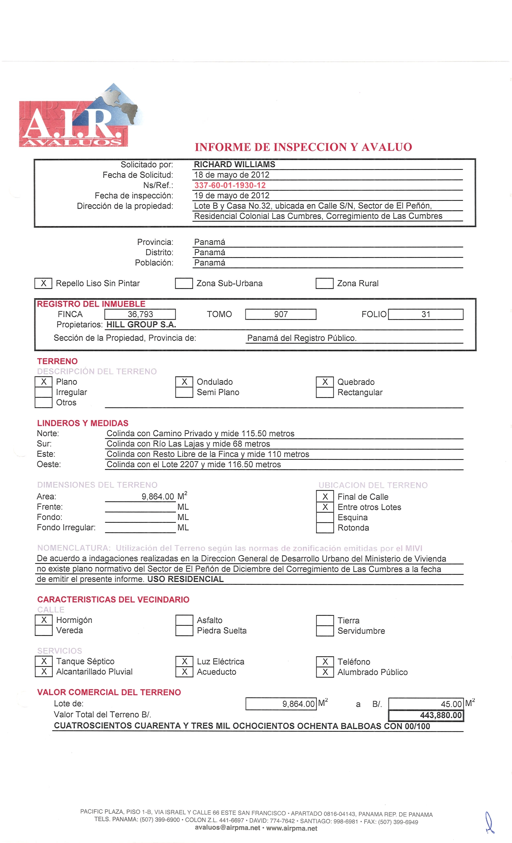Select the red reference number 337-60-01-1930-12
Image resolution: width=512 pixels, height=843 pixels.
230,185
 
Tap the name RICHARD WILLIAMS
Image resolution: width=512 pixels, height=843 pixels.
235,165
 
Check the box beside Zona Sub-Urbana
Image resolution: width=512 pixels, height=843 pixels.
184,283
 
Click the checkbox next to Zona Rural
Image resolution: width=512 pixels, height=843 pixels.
324,283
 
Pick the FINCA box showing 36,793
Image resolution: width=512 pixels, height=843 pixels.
140,314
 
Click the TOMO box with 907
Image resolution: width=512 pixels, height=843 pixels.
281,314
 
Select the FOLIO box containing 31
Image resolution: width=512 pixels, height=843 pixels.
426,314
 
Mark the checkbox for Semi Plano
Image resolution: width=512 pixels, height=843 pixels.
184,392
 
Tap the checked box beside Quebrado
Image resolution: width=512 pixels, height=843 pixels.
325,382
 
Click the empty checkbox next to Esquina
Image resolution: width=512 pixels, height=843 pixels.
325,517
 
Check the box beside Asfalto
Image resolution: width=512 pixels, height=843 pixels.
184,620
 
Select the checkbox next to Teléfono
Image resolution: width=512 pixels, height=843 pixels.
325,661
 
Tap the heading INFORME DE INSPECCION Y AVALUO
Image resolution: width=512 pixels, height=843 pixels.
303,147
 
